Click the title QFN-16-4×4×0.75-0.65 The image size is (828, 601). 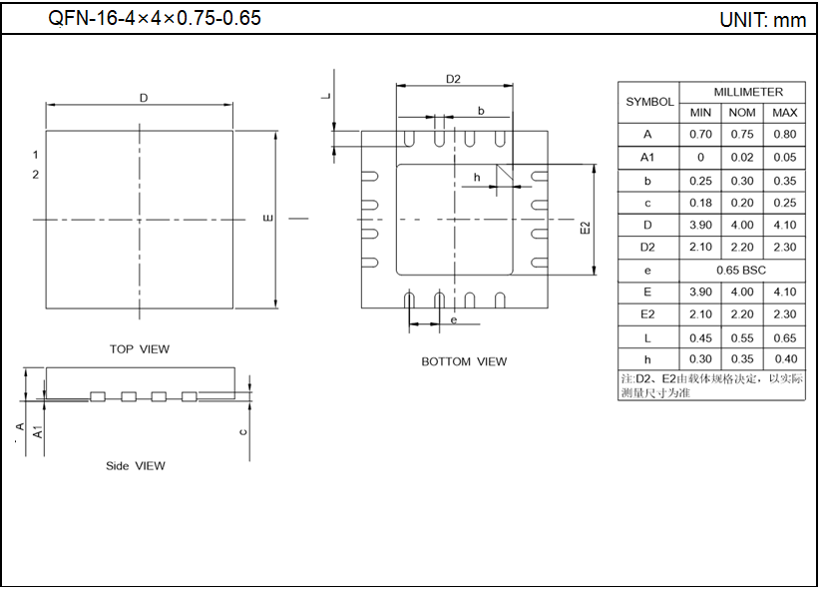(155, 18)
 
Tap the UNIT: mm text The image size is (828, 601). (762, 20)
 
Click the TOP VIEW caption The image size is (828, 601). (140, 349)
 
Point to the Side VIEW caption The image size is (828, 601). (136, 465)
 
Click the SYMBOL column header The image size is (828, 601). (649, 102)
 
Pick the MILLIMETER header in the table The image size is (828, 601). (742, 91)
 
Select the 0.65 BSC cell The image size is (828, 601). (742, 270)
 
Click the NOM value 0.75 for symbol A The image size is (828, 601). (742, 135)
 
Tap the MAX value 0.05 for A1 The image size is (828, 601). (785, 158)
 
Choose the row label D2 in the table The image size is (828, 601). (648, 248)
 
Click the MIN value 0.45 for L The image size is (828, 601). (700, 337)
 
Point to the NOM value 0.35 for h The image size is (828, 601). (742, 359)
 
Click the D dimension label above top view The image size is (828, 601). (144, 98)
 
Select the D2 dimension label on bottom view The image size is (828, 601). (453, 79)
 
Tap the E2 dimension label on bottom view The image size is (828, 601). (585, 228)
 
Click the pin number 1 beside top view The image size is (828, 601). (35, 155)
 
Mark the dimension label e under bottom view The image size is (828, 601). (453, 320)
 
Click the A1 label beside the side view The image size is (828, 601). (37, 432)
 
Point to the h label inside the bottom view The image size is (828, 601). (478, 178)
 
